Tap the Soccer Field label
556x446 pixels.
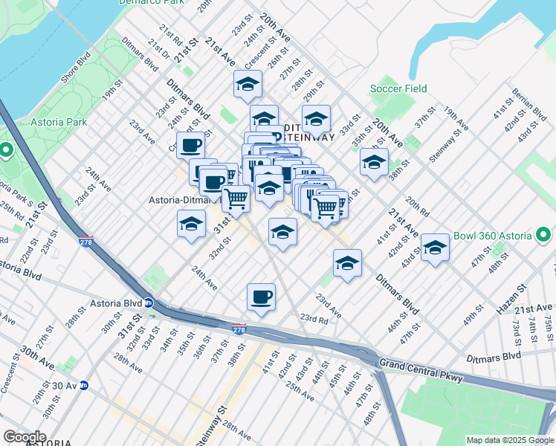399,89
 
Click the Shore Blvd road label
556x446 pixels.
76,66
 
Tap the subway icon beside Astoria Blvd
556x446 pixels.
149,303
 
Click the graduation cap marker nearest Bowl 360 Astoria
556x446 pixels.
436,249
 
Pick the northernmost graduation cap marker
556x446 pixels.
248,85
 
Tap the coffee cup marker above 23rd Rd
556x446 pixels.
261,297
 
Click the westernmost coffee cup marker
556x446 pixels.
190,145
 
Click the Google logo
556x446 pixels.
25,437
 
